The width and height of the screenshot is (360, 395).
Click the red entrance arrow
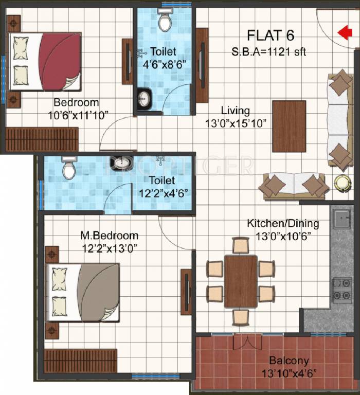click(x=345, y=32)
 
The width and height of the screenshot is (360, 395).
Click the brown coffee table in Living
click(x=289, y=126)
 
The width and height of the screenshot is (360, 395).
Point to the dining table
click(x=241, y=281)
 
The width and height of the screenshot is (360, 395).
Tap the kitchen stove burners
click(x=342, y=290)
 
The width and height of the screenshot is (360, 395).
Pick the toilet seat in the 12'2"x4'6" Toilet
click(x=69, y=168)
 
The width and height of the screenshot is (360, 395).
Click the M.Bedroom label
click(x=109, y=236)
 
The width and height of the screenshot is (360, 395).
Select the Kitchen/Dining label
click(x=283, y=224)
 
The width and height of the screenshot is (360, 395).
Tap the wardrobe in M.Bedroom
click(x=80, y=361)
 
